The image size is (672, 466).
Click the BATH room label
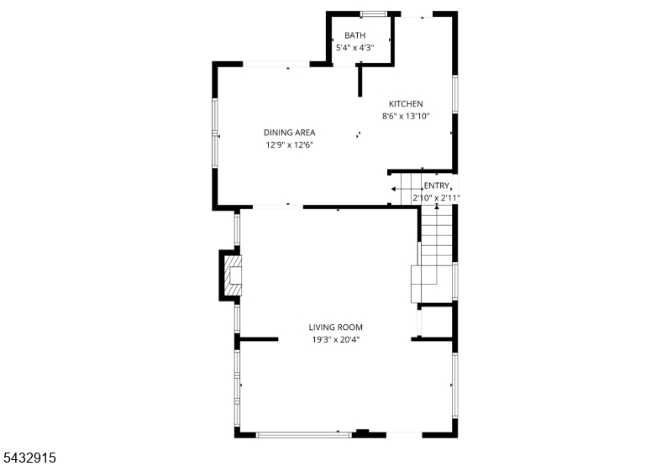coord(354,35)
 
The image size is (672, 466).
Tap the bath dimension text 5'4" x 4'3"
coord(354,48)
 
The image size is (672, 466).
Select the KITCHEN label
coord(406,103)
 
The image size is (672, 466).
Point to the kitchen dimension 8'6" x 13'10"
coord(406,116)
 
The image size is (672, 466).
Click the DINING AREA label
coord(289,133)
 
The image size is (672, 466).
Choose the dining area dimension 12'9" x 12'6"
coord(289,144)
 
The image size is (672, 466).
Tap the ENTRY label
coord(436,186)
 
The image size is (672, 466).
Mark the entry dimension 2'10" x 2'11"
coord(436,198)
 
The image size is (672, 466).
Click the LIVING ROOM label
coord(335,327)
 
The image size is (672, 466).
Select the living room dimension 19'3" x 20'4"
coord(335,340)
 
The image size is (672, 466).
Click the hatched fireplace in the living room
coord(233,275)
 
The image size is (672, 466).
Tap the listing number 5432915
coord(29,458)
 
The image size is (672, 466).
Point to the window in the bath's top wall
coord(373,13)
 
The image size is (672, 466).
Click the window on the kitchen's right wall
coord(455,95)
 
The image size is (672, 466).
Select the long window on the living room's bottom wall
coord(304,435)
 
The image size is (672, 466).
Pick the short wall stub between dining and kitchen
coord(360,80)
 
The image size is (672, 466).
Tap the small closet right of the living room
coord(435,322)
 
